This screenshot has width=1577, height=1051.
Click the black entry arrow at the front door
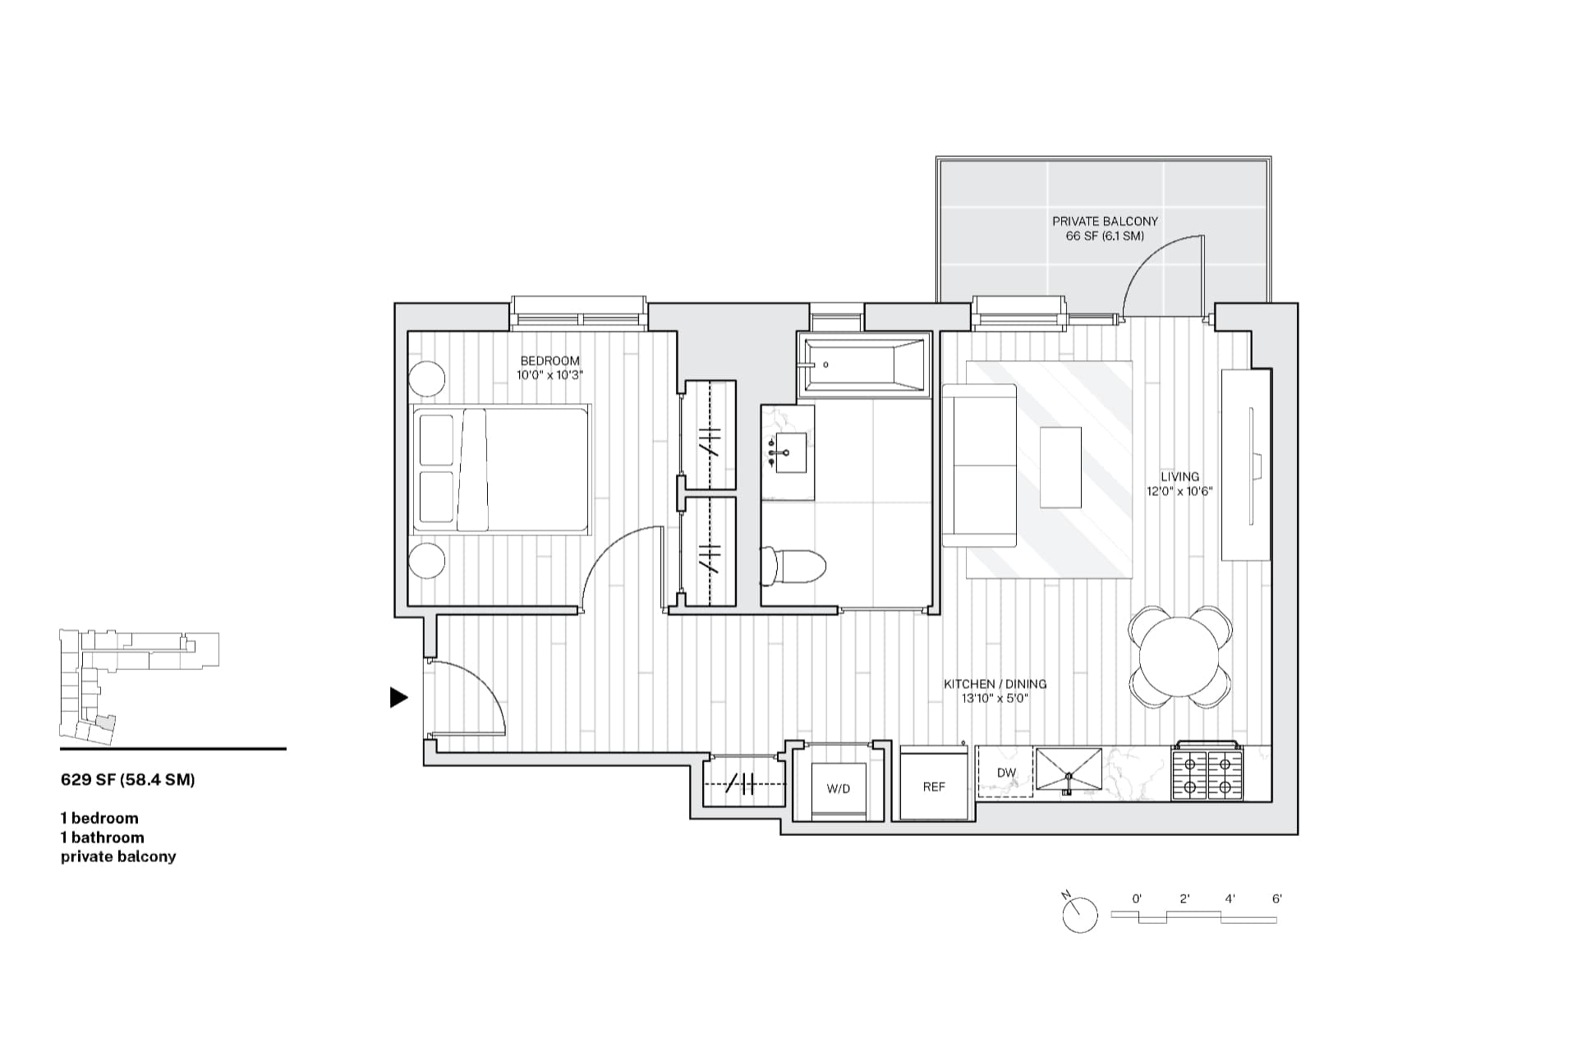click(398, 697)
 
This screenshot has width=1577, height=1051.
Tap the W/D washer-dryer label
click(838, 788)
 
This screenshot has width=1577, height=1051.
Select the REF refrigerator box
click(935, 782)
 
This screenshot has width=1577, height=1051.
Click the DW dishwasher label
click(1006, 773)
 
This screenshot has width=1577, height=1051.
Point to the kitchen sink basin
click(1068, 769)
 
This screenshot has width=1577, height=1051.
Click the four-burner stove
click(1207, 771)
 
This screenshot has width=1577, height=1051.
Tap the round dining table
click(1179, 656)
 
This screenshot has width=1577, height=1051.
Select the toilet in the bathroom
click(793, 567)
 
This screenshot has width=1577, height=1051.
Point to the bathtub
click(864, 365)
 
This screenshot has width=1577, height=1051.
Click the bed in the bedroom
click(500, 469)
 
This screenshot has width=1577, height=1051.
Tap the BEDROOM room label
click(549, 360)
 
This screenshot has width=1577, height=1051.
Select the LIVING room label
click(1179, 476)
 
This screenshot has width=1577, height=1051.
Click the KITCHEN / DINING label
click(995, 684)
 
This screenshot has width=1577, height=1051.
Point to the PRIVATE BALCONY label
click(1105, 221)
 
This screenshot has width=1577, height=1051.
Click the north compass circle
click(1080, 915)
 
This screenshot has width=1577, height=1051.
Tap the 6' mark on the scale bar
click(1276, 899)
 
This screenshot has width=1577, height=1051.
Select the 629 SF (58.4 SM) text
click(128, 780)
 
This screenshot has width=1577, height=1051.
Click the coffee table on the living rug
click(1061, 467)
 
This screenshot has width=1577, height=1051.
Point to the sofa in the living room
click(979, 465)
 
